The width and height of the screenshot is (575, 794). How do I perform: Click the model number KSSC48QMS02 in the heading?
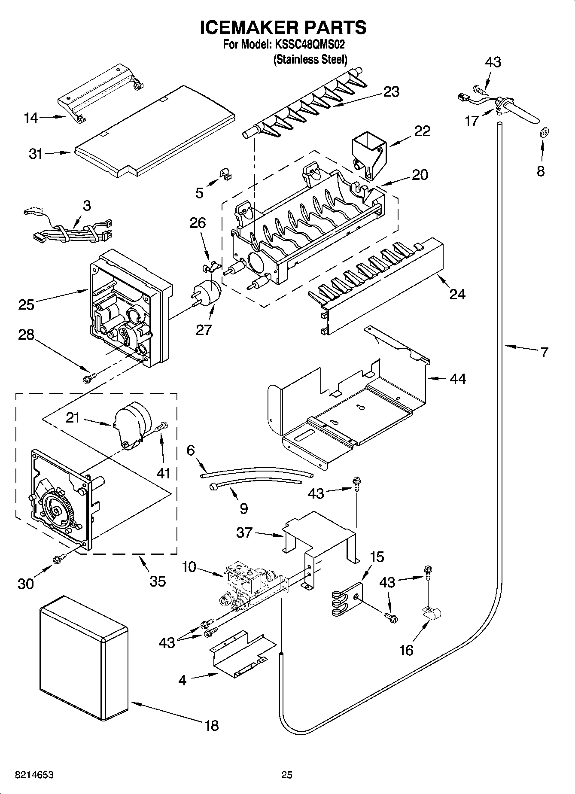coord(309,45)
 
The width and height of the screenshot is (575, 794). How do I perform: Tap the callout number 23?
coord(391,91)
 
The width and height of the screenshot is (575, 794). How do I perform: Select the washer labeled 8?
coord(542,132)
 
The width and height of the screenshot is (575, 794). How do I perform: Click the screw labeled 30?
coord(58,559)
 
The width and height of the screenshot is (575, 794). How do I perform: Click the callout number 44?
coord(458,379)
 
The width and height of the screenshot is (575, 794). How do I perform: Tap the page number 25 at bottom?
coord(286,775)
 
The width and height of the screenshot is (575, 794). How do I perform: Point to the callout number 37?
coord(244,532)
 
